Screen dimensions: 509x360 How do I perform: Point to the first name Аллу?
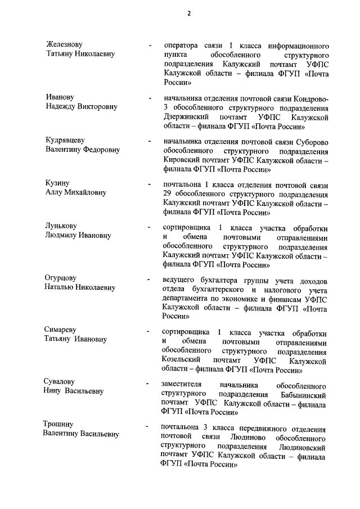[x=56, y=193]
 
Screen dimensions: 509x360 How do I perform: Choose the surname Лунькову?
[x=64, y=227]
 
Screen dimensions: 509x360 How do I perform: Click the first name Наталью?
[x=61, y=288]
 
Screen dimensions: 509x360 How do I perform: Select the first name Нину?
[x=53, y=391]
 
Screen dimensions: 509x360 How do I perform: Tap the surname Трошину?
[x=61, y=424]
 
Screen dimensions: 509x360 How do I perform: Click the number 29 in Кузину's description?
[x=166, y=195]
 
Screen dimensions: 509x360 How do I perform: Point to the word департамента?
[x=190, y=299]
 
